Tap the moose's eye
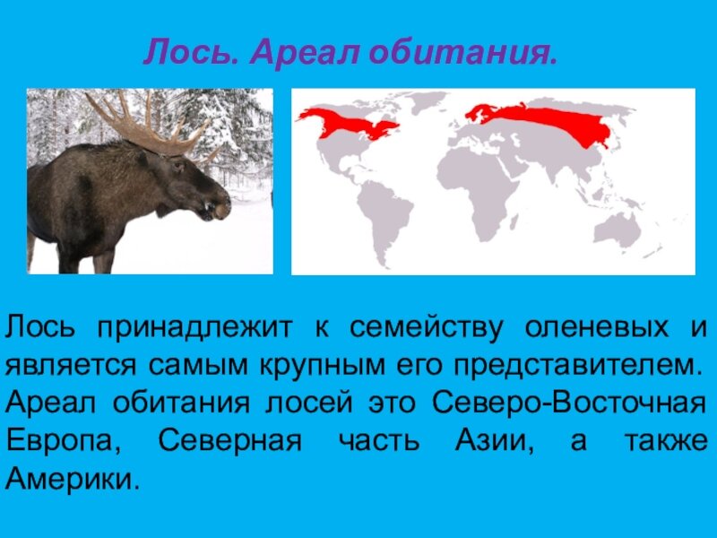(x=177, y=165)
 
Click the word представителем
(x=574, y=366)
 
